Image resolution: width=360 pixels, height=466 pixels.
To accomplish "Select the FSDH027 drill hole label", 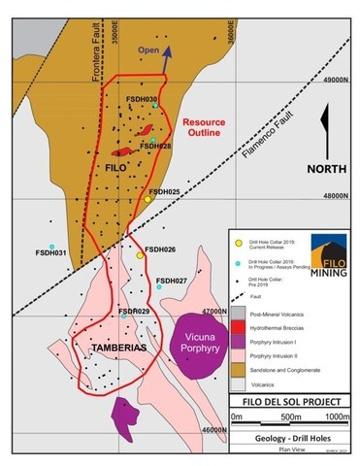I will tap(171, 281).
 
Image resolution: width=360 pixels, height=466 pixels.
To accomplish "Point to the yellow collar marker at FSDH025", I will tap(147, 198).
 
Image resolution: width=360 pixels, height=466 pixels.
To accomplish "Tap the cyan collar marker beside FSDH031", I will tap(51, 246).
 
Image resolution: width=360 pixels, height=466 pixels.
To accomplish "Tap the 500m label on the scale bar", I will tap(287, 416).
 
